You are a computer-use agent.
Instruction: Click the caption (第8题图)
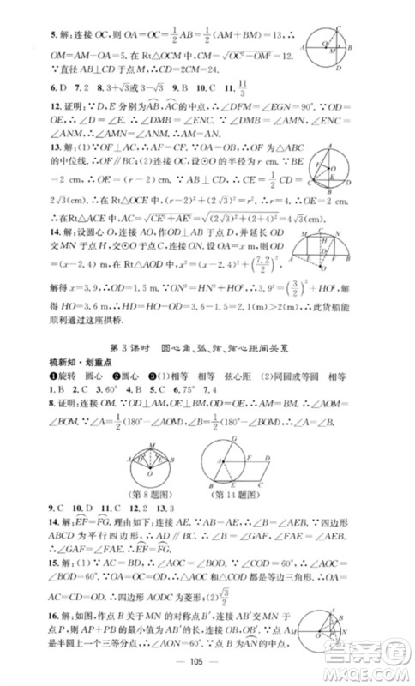[153, 501]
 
